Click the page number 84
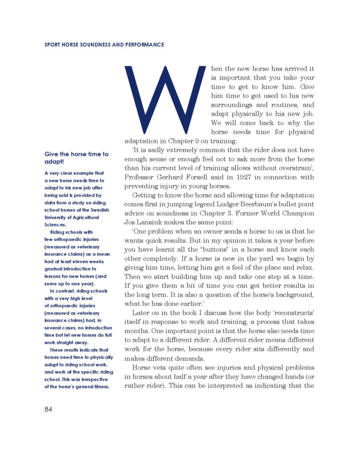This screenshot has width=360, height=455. point(48,409)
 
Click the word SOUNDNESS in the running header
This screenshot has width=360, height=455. point(97,45)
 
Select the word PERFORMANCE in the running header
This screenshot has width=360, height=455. point(143,45)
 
